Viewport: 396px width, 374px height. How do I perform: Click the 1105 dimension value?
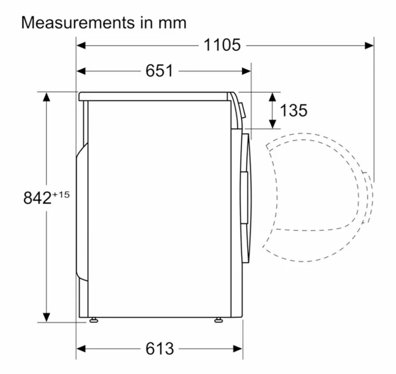(x=222, y=45)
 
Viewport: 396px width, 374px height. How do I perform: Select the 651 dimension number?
(x=159, y=70)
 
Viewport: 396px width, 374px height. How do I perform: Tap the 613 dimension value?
(x=159, y=348)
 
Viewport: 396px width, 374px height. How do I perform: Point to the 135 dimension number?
(x=294, y=110)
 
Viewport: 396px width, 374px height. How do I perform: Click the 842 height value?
(x=37, y=197)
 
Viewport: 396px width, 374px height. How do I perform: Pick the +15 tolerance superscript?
(x=60, y=195)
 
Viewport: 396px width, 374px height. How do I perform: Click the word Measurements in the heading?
(x=78, y=23)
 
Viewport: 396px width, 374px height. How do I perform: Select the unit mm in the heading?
(x=172, y=23)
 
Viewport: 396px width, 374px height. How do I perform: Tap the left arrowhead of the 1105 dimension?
(x=81, y=46)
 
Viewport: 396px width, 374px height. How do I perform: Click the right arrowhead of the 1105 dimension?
(x=369, y=46)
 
